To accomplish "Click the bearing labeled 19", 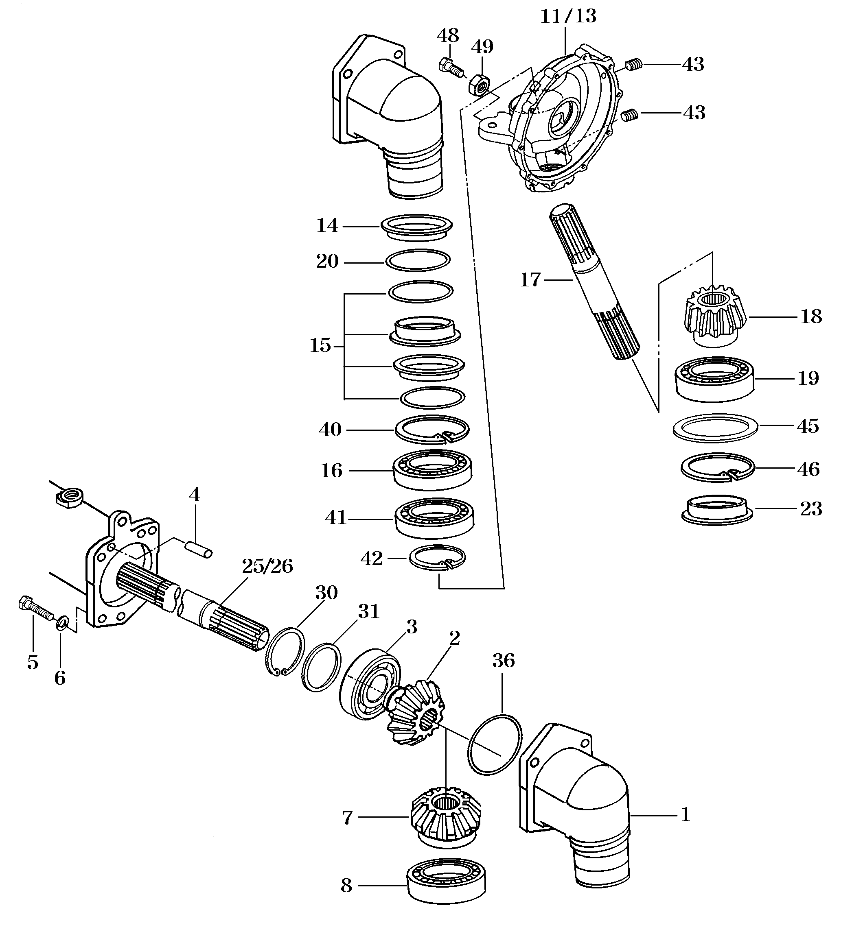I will point(714,378).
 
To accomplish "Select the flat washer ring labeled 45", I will point(715,427).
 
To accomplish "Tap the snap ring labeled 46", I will point(717,468).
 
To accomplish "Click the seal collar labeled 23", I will point(717,510).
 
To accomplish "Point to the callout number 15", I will point(320,346).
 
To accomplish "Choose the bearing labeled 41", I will point(434,517).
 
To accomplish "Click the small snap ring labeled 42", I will point(437,557).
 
